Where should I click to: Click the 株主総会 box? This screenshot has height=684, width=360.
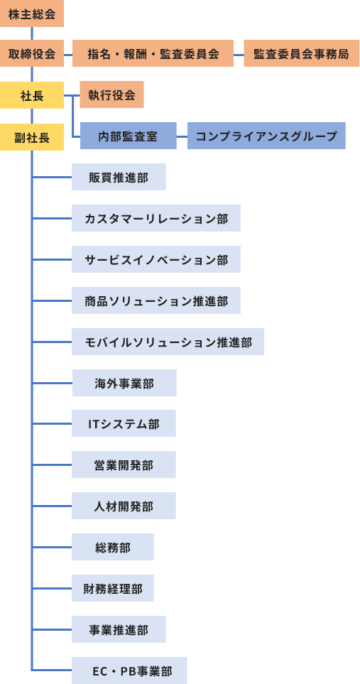(x=32, y=13)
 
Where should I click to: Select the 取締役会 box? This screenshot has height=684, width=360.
(x=32, y=54)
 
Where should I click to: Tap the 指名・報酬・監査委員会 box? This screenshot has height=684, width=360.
(x=153, y=54)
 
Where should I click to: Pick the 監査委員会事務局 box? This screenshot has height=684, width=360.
(x=302, y=54)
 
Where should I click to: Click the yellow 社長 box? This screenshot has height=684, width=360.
(x=32, y=95)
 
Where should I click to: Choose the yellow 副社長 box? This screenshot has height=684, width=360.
(x=32, y=137)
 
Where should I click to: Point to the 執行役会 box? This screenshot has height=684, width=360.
(x=111, y=94)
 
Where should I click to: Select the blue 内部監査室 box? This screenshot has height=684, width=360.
(x=128, y=136)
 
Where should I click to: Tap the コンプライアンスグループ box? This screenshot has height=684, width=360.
(x=266, y=136)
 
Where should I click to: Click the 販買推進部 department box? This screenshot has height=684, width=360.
(x=119, y=177)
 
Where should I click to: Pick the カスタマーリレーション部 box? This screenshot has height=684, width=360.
(x=156, y=218)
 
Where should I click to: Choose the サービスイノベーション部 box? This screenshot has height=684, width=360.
(x=156, y=259)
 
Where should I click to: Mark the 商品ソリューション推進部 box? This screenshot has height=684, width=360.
(x=156, y=300)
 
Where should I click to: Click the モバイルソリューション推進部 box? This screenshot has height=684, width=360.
(x=168, y=342)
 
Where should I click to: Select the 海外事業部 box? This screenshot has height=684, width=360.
(x=124, y=383)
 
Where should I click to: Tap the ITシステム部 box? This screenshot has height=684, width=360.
(x=124, y=423)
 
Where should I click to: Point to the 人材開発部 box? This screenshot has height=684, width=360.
(x=124, y=506)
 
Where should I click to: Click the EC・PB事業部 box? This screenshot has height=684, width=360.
(x=129, y=671)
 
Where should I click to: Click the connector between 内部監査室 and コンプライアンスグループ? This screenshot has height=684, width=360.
(x=182, y=136)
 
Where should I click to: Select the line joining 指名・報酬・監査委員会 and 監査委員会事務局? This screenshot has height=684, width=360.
(x=239, y=55)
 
